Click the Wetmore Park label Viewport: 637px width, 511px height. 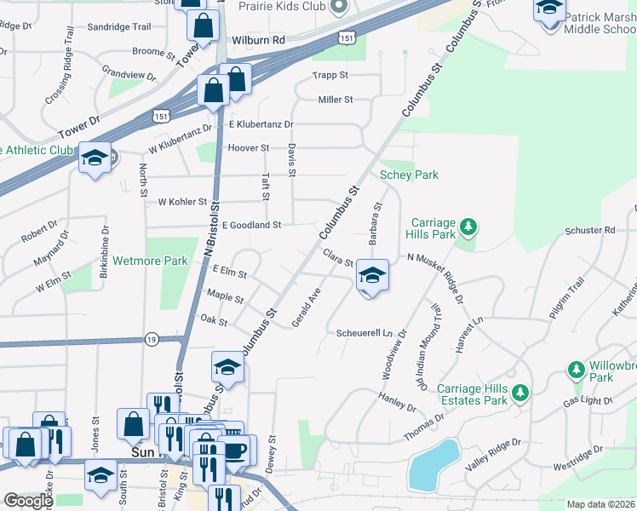pyautogui.click(x=150, y=261)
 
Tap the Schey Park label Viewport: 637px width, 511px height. pyautogui.click(x=409, y=175)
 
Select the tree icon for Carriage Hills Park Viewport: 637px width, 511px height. pyautogui.click(x=468, y=227)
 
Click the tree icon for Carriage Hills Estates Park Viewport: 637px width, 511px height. pyautogui.click(x=520, y=393)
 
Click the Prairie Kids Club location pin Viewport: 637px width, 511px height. pyautogui.click(x=339, y=7)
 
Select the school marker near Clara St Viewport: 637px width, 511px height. pyautogui.click(x=371, y=275)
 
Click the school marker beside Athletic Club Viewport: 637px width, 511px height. pyautogui.click(x=94, y=158)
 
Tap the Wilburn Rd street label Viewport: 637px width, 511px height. pyautogui.click(x=257, y=40)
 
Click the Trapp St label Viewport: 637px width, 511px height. pyautogui.click(x=331, y=75)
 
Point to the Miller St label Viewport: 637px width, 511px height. pyautogui.click(x=335, y=100)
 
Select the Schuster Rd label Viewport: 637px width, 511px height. pyautogui.click(x=589, y=230)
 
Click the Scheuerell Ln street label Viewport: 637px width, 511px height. pyautogui.click(x=367, y=332)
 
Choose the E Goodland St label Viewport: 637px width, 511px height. pyautogui.click(x=251, y=225)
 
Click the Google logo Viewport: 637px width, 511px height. pyautogui.click(x=28, y=501)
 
